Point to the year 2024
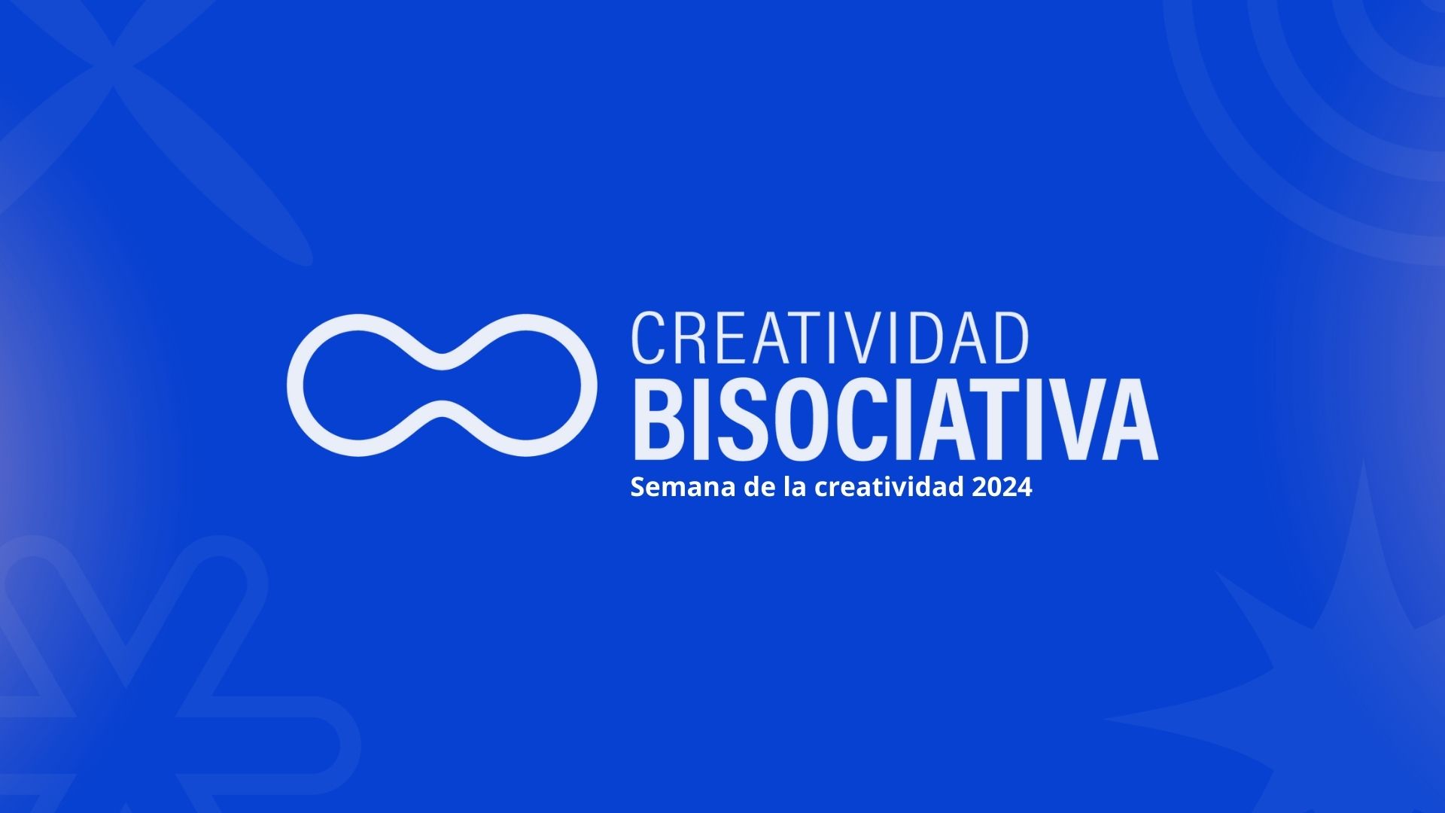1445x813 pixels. pyautogui.click(x=1002, y=487)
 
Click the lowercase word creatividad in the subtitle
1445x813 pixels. pyautogui.click(x=890, y=487)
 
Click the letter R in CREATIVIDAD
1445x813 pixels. pyautogui.click(x=689, y=338)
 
